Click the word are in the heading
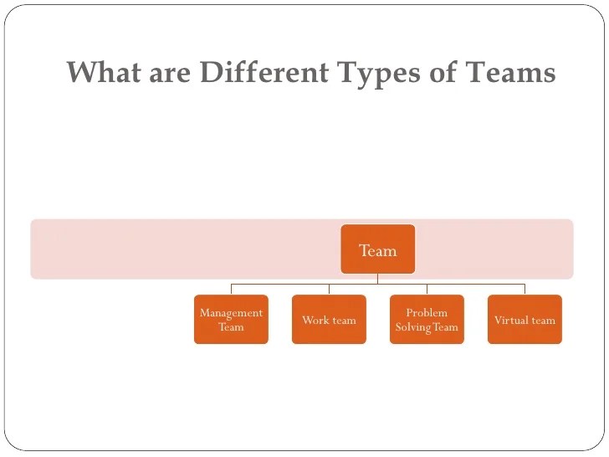170,73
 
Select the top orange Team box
377,249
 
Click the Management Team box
231,319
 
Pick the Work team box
329,319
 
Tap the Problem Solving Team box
427,319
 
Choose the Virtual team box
525,319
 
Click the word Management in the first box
231,313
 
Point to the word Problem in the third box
427,313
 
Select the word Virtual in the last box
509,320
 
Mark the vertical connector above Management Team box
231,289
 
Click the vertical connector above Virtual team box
525,289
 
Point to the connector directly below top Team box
377,279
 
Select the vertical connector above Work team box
329,289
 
